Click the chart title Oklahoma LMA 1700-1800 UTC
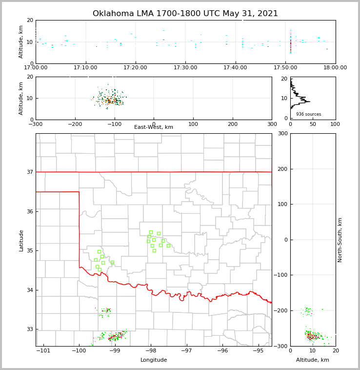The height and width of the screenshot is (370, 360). tap(185, 14)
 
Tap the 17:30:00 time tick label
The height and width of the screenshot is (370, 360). tap(185, 68)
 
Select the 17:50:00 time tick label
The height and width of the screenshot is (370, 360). tap(285, 68)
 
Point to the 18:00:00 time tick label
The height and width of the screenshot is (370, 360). tap(335, 68)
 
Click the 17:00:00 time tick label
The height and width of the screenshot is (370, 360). tap(36, 68)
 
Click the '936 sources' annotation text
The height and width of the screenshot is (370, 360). tap(308, 114)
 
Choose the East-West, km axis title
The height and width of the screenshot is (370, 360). tap(154, 127)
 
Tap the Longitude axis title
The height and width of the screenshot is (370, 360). tap(154, 360)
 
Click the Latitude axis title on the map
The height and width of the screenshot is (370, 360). tap(21, 240)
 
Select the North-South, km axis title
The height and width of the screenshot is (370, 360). tap(340, 240)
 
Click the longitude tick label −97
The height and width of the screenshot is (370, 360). tap(186, 350)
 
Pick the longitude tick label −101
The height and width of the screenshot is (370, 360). tap(43, 350)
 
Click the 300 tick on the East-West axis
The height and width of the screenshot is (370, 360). tap(272, 124)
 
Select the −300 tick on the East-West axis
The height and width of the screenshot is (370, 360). tap(36, 124)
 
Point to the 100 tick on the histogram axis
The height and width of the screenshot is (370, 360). tap(335, 124)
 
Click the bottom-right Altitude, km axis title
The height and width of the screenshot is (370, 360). tap(313, 360)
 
